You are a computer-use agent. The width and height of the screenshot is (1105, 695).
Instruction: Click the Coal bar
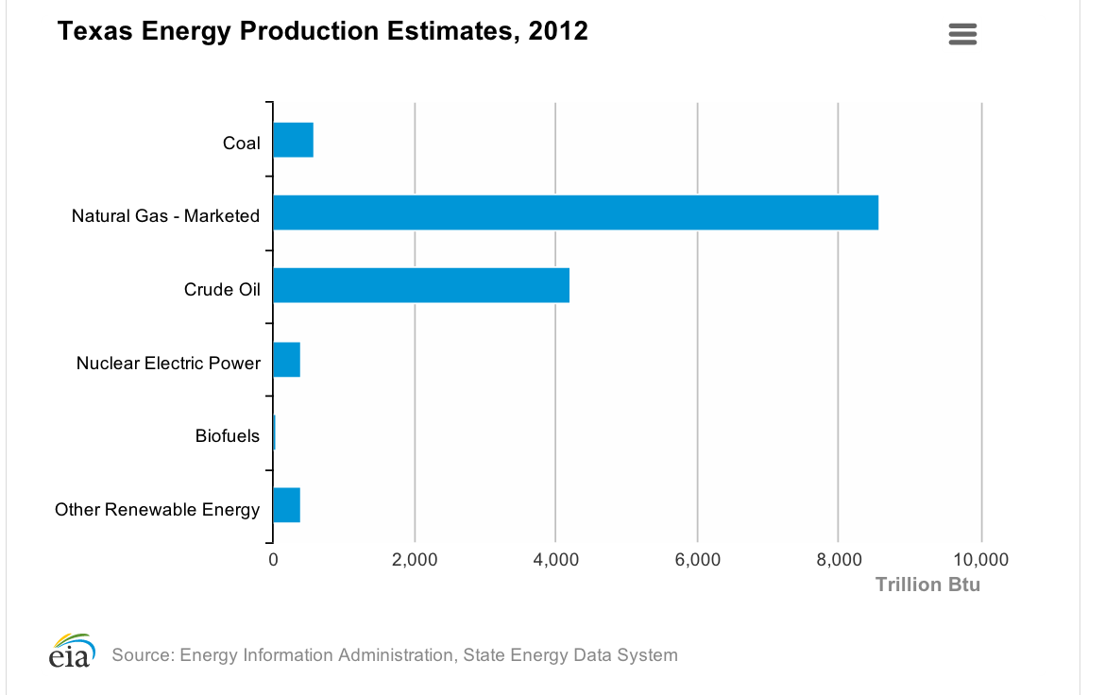tap(293, 140)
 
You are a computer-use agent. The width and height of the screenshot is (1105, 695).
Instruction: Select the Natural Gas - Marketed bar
tap(575, 212)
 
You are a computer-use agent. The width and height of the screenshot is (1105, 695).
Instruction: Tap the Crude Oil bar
tap(421, 285)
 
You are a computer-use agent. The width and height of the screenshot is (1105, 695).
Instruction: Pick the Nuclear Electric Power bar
tap(286, 359)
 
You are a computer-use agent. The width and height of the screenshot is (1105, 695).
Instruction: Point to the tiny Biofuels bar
tap(274, 432)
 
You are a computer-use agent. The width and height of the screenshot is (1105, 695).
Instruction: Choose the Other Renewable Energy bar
tap(286, 505)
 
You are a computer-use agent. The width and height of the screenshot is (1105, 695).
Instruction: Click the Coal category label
tap(241, 144)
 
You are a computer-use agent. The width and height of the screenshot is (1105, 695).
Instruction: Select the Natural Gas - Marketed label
tap(165, 216)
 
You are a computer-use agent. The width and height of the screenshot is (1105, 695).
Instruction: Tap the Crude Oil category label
tap(222, 289)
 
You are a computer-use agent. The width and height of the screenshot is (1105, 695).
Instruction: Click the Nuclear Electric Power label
tap(168, 363)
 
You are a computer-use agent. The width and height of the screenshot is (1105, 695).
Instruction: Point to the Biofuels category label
tap(228, 435)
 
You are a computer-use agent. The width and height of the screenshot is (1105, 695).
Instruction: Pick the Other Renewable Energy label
tap(157, 510)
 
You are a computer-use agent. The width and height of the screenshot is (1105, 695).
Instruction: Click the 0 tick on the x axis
tap(273, 560)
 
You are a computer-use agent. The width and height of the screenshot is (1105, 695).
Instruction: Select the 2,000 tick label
tap(415, 560)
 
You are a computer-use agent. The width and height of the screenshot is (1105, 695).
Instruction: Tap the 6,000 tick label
tap(697, 560)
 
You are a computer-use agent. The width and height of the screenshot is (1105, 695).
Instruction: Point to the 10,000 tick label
tap(981, 560)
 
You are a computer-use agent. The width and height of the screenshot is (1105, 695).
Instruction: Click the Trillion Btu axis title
tap(927, 585)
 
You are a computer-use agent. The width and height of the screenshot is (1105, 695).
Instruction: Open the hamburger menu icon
tap(962, 35)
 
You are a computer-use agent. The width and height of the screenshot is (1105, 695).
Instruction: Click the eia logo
tap(72, 652)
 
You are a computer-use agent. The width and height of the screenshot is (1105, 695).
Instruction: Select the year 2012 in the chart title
tap(558, 31)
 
